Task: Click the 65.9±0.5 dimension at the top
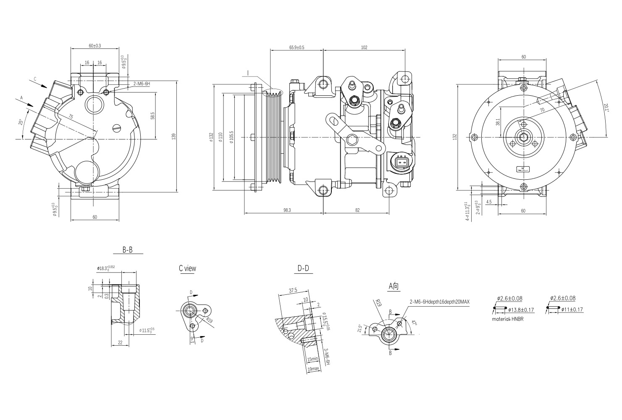coord(297,47)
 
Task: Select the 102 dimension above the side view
coord(364,47)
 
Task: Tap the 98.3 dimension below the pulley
coord(287,210)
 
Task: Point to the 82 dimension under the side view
coord(357,210)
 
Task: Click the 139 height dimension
coord(173,136)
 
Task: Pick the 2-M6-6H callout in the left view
coord(142,84)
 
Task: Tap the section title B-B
coord(128,249)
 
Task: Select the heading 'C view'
coord(187,268)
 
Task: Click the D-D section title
coord(303,268)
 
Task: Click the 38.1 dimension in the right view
coord(498,122)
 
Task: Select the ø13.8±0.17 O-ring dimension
coord(521,310)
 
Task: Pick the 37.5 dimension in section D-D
coord(293,290)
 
